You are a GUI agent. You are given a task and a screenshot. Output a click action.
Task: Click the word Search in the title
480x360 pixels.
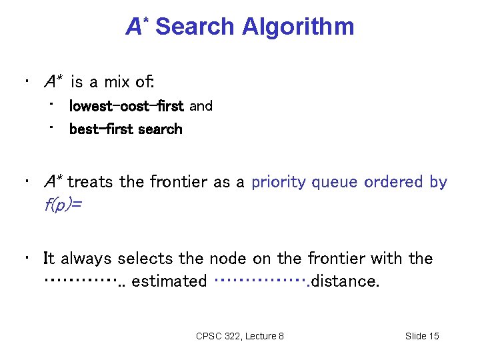click(x=195, y=27)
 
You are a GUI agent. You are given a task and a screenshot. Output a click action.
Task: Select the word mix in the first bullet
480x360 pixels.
click(x=119, y=83)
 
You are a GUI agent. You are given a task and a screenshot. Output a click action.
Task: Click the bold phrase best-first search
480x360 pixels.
click(x=125, y=129)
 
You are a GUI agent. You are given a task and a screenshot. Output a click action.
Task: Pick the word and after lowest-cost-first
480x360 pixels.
click(x=201, y=106)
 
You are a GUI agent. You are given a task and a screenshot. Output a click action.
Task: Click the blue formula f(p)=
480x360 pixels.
click(x=63, y=205)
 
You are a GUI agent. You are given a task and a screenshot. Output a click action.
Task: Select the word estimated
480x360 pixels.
click(x=169, y=281)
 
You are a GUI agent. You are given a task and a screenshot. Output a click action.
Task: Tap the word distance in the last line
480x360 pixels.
click(x=345, y=281)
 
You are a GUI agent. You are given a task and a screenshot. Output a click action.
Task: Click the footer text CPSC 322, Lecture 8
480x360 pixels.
click(x=240, y=336)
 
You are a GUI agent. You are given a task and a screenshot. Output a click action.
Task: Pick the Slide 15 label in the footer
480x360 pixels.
click(x=422, y=336)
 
